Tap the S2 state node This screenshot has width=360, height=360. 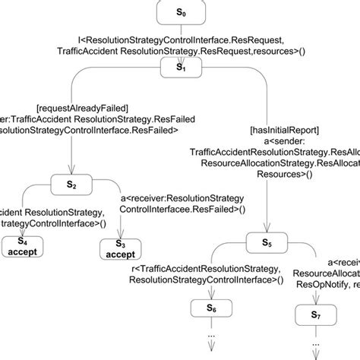coord(69,185)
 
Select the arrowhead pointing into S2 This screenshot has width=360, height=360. coord(69,173)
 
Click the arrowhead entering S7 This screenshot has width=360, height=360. coord(314,302)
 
